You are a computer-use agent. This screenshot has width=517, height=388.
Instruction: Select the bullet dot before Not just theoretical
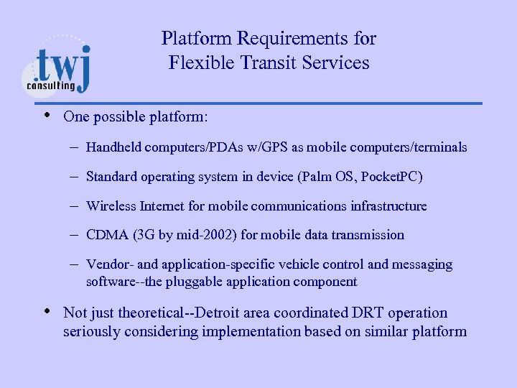47,311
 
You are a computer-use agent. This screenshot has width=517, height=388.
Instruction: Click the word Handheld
113,147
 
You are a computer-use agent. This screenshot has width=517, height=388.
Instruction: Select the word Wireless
111,206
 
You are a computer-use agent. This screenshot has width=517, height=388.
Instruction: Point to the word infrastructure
388,206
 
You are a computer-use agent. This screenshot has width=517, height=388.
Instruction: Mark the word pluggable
196,282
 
